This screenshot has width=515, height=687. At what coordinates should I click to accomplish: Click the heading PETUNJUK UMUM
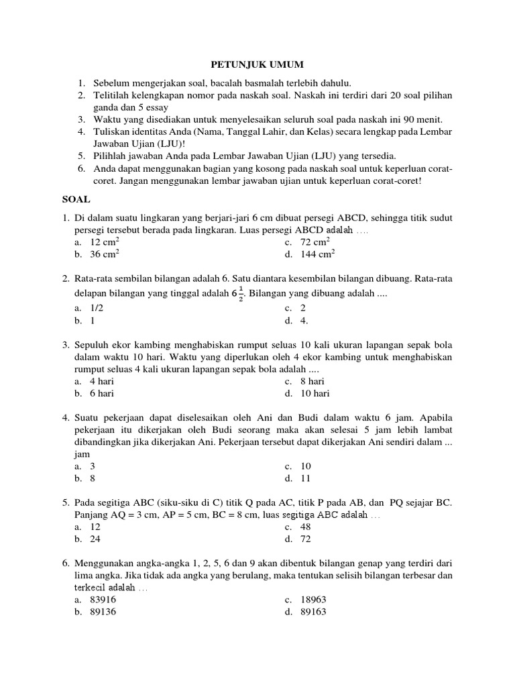258,64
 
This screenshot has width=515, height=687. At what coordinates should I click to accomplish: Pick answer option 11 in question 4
306,478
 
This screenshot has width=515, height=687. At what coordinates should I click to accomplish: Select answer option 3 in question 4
93,466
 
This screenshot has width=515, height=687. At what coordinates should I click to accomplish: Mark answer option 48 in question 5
306,527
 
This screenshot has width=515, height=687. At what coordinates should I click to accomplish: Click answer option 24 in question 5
95,539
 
